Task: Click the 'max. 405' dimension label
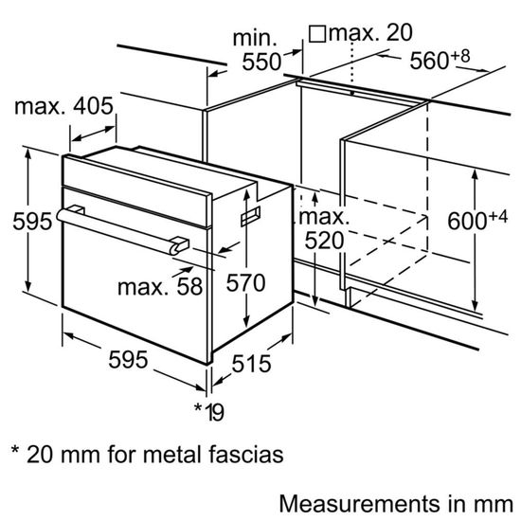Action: (63, 108)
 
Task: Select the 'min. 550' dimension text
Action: (258, 51)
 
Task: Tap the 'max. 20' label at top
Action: (373, 33)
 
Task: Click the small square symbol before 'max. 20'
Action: (318, 34)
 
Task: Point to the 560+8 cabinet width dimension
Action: (440, 61)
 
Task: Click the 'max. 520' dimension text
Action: (323, 230)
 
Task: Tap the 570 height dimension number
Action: (245, 281)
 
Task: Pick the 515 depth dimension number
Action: (251, 363)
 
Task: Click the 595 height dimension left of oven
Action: (18, 223)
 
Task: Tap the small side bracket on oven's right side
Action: (250, 219)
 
